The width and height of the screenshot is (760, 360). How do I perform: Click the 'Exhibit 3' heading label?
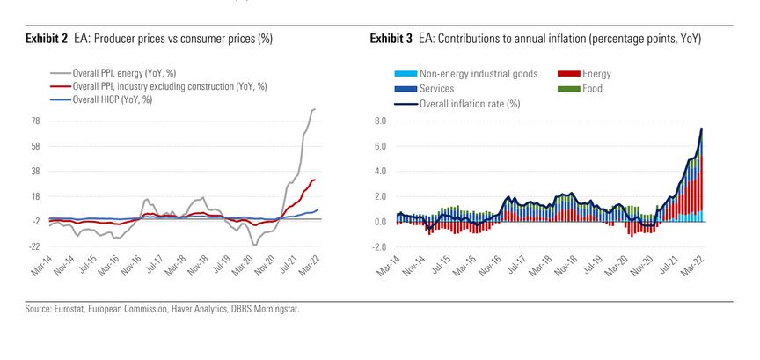point(391,39)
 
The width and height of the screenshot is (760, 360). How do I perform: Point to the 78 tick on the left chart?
point(36,121)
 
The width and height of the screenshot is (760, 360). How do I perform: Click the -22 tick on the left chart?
point(34,246)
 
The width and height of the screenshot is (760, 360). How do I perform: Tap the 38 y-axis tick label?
point(36,171)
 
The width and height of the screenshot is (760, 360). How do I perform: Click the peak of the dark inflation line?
point(702,129)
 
